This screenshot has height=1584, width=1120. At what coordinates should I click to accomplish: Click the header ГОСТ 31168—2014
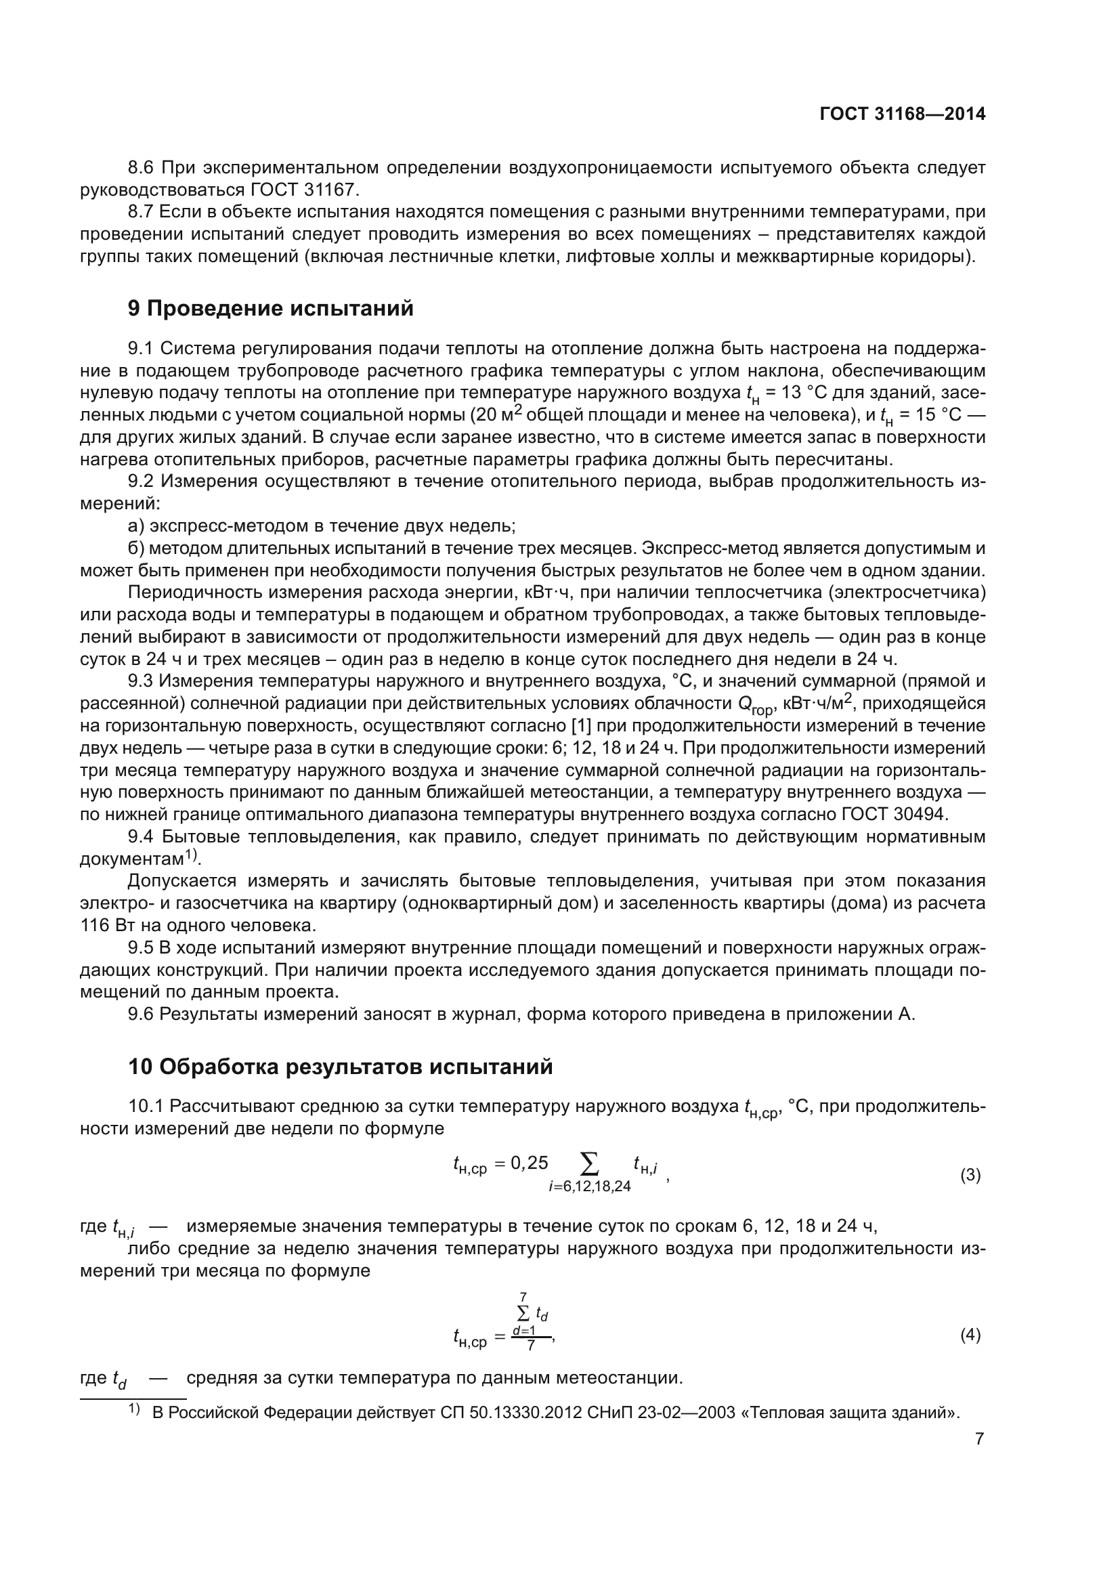pyautogui.click(x=902, y=114)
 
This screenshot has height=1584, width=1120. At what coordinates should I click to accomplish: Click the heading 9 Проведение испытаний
pyautogui.click(x=270, y=308)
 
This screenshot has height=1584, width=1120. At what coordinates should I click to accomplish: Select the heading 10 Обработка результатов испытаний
pyautogui.click(x=340, y=1067)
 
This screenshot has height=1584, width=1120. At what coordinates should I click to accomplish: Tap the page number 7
pyautogui.click(x=979, y=1438)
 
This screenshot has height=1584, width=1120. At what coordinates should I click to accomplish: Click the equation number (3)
pyautogui.click(x=970, y=1175)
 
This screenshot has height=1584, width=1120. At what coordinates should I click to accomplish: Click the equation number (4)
pyautogui.click(x=970, y=1335)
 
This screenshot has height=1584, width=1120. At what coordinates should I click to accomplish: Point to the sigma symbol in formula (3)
pyautogui.click(x=590, y=1164)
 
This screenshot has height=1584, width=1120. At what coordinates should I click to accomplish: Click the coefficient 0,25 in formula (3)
pyautogui.click(x=529, y=1163)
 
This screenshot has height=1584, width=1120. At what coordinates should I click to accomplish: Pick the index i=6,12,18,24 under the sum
pyautogui.click(x=590, y=1186)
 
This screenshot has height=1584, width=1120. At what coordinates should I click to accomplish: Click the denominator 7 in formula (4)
pyautogui.click(x=530, y=1346)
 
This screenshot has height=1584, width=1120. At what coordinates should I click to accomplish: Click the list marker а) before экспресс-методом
pyautogui.click(x=136, y=526)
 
